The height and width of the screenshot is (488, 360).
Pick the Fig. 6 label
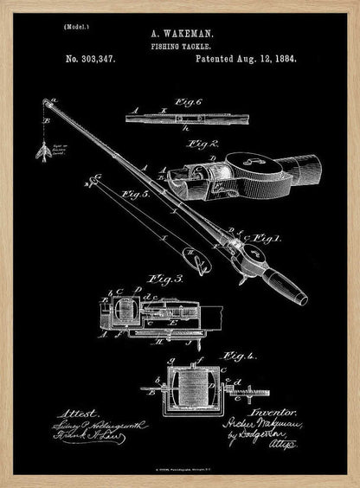tap(187, 103)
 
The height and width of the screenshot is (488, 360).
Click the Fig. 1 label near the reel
tap(271, 238)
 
